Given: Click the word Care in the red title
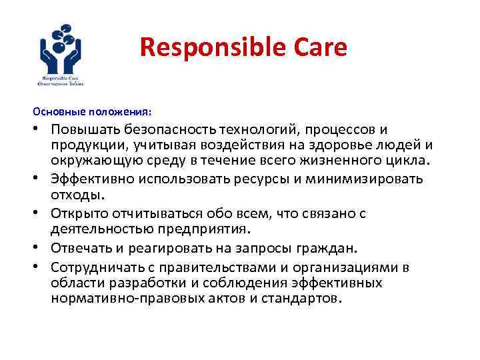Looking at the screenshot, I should coord(321,47).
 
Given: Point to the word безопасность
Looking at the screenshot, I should coord(177,129).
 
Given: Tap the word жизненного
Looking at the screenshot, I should coord(321,161).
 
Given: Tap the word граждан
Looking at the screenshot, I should coord(331,249).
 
